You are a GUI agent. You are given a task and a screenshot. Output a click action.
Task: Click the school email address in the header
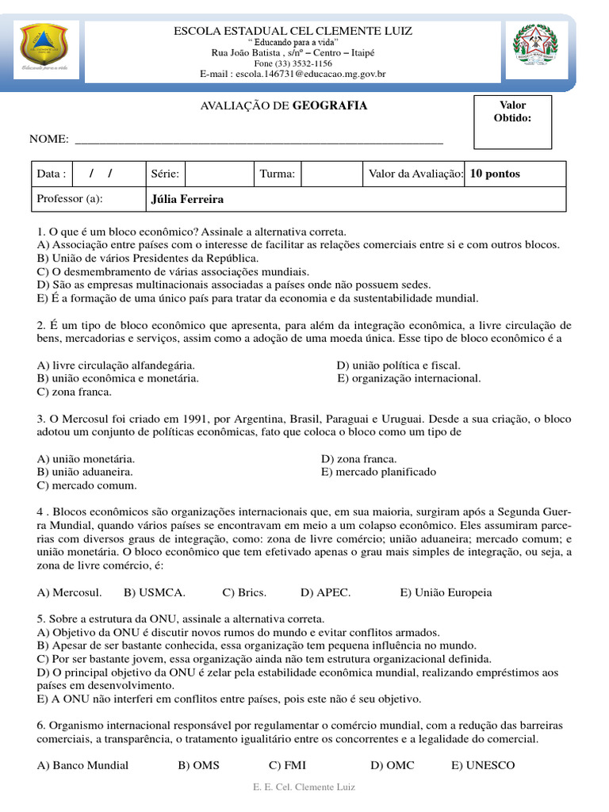point(293,74)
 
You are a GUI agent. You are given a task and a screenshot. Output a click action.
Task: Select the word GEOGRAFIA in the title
point(330,105)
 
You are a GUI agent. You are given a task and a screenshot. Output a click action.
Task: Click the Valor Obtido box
point(512,122)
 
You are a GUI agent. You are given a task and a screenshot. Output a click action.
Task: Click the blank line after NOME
point(258,139)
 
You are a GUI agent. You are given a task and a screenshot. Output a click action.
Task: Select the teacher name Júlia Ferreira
point(187,199)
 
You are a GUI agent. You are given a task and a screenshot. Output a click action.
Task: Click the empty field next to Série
point(217,174)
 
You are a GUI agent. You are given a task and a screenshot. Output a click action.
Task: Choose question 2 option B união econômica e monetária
point(118,378)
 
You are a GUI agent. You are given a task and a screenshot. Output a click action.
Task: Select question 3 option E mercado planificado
point(378,472)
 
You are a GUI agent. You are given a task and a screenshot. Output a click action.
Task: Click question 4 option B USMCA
point(155,592)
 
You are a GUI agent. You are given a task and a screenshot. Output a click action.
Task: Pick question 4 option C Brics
point(244,592)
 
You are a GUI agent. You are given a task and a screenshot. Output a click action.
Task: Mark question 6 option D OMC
point(392,765)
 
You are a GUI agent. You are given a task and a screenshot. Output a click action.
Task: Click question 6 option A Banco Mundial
point(82,765)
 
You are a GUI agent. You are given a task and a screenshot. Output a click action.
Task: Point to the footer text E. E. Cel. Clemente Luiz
point(304,787)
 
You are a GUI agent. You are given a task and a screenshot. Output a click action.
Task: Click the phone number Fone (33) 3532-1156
point(293,63)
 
